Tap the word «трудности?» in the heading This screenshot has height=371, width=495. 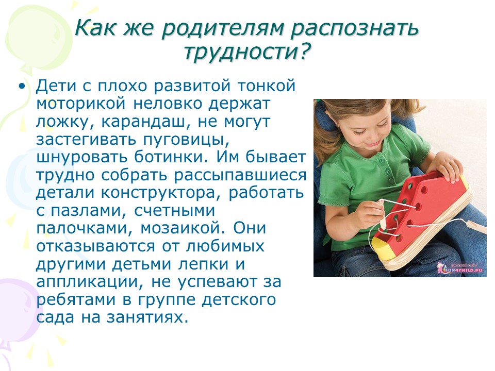pyautogui.click(x=247, y=52)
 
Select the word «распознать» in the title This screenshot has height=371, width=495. pyautogui.click(x=355, y=28)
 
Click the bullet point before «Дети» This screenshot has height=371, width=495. pyautogui.click(x=22, y=86)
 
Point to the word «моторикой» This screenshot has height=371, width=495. pyautogui.click(x=81, y=104)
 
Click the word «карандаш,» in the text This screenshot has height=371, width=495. pyautogui.click(x=146, y=122)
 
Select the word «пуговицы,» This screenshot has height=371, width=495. pyautogui.click(x=186, y=140)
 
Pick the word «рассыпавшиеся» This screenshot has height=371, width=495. pyautogui.click(x=240, y=175)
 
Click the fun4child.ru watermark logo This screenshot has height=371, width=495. pyautogui.click(x=460, y=268)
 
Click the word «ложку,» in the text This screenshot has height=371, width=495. pyautogui.click(x=65, y=122)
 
